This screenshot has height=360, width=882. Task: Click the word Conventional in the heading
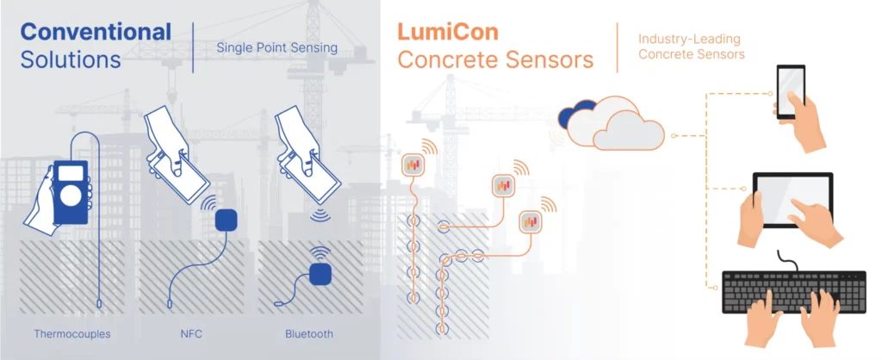pyautogui.click(x=96, y=33)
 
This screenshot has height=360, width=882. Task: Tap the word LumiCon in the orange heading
pyautogui.click(x=448, y=33)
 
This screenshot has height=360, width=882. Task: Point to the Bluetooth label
pyautogui.click(x=308, y=333)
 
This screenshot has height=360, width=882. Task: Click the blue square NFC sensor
pyautogui.click(x=226, y=221)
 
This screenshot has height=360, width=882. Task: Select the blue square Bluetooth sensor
pyautogui.click(x=321, y=274)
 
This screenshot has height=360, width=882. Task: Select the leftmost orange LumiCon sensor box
pyautogui.click(x=414, y=164)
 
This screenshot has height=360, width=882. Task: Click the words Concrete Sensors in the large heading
pyautogui.click(x=494, y=61)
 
